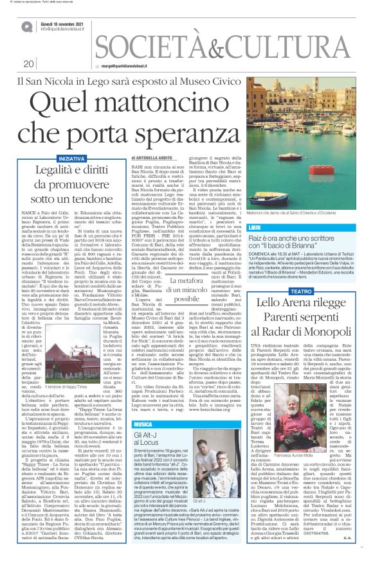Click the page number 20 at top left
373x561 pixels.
29,64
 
